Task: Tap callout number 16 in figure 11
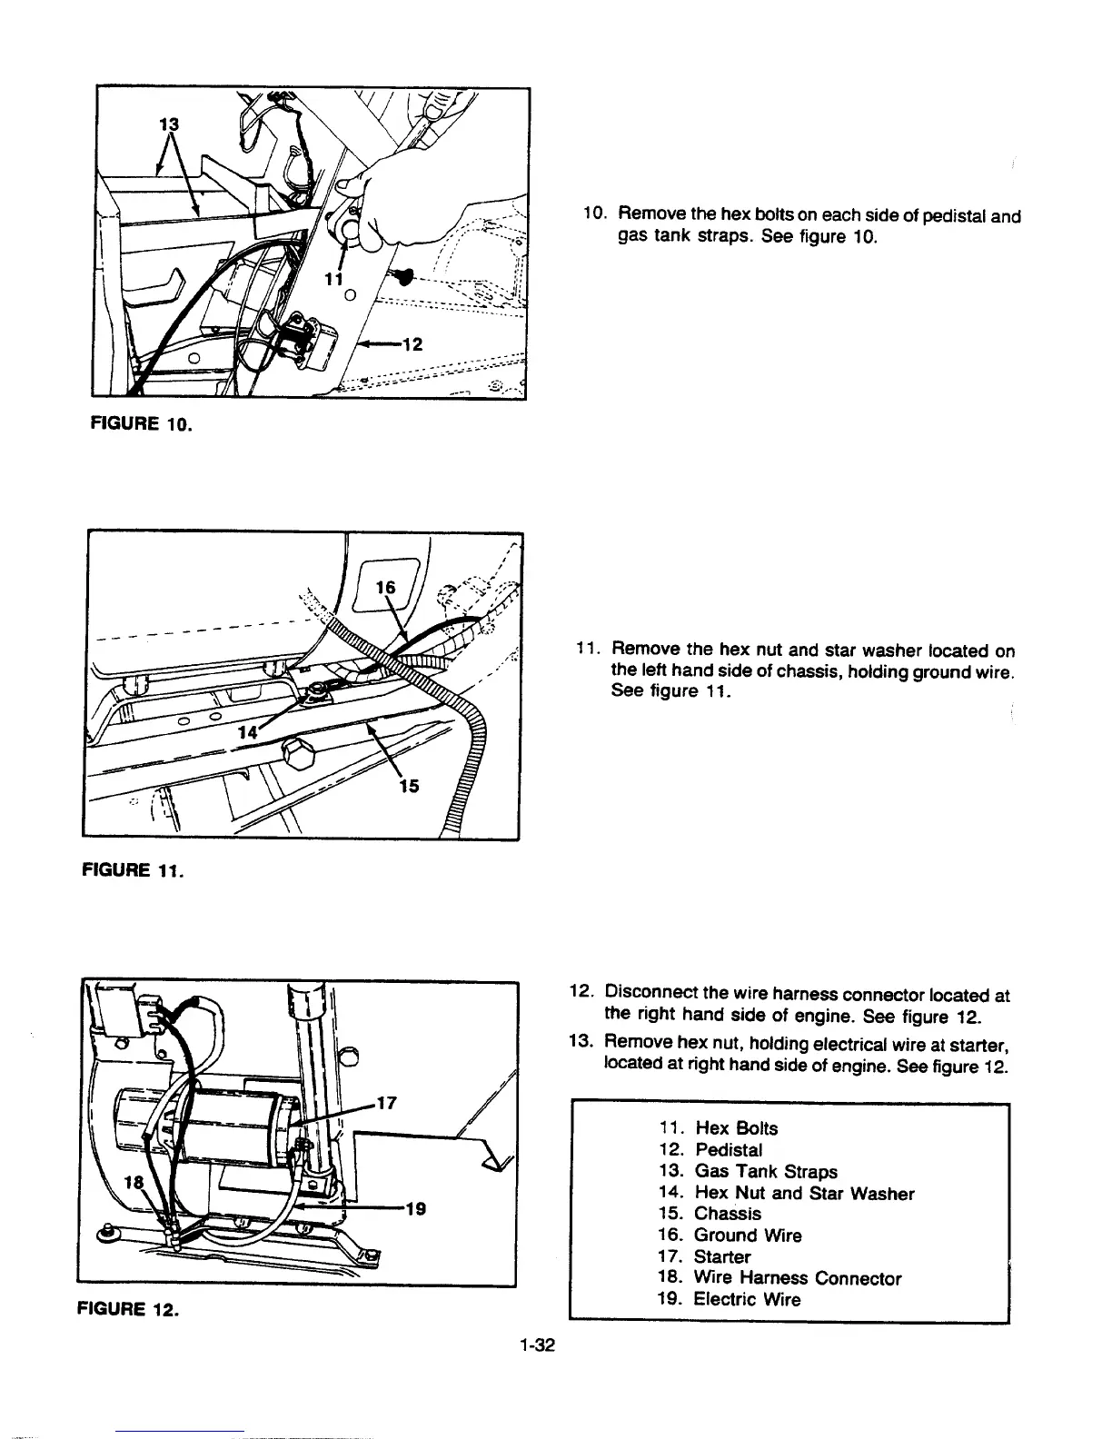(x=387, y=588)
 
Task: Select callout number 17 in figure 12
(x=386, y=1103)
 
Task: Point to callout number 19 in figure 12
(x=415, y=1209)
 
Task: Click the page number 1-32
(x=538, y=1345)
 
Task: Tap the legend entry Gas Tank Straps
(x=765, y=1172)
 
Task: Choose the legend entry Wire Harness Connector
(x=797, y=1278)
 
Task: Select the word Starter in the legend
(x=722, y=1257)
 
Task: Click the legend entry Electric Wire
(x=747, y=1299)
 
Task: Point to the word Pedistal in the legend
(x=729, y=1150)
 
